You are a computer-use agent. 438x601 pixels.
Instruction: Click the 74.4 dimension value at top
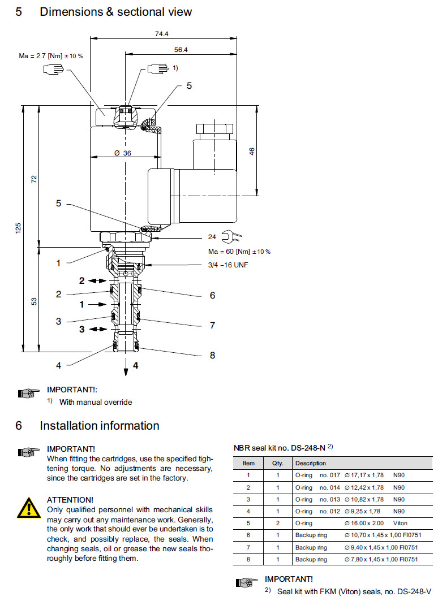point(162,34)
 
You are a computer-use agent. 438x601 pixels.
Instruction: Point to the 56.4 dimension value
point(181,50)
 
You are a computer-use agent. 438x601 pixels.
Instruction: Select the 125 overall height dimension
point(18,228)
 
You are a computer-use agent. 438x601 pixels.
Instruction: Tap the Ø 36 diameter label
point(123,153)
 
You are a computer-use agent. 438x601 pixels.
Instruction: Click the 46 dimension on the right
point(252,151)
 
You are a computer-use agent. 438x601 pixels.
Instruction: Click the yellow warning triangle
point(27,507)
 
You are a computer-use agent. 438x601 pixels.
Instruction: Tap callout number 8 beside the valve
point(212,355)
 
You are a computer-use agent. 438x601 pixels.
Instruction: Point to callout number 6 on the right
point(212,295)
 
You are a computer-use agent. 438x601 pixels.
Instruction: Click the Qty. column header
point(277,463)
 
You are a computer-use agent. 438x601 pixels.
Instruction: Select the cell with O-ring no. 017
point(316,475)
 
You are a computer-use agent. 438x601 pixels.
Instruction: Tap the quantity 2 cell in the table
point(278,523)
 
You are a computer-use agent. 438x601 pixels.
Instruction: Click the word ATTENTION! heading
point(70,500)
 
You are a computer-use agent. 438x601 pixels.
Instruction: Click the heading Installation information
point(100,426)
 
